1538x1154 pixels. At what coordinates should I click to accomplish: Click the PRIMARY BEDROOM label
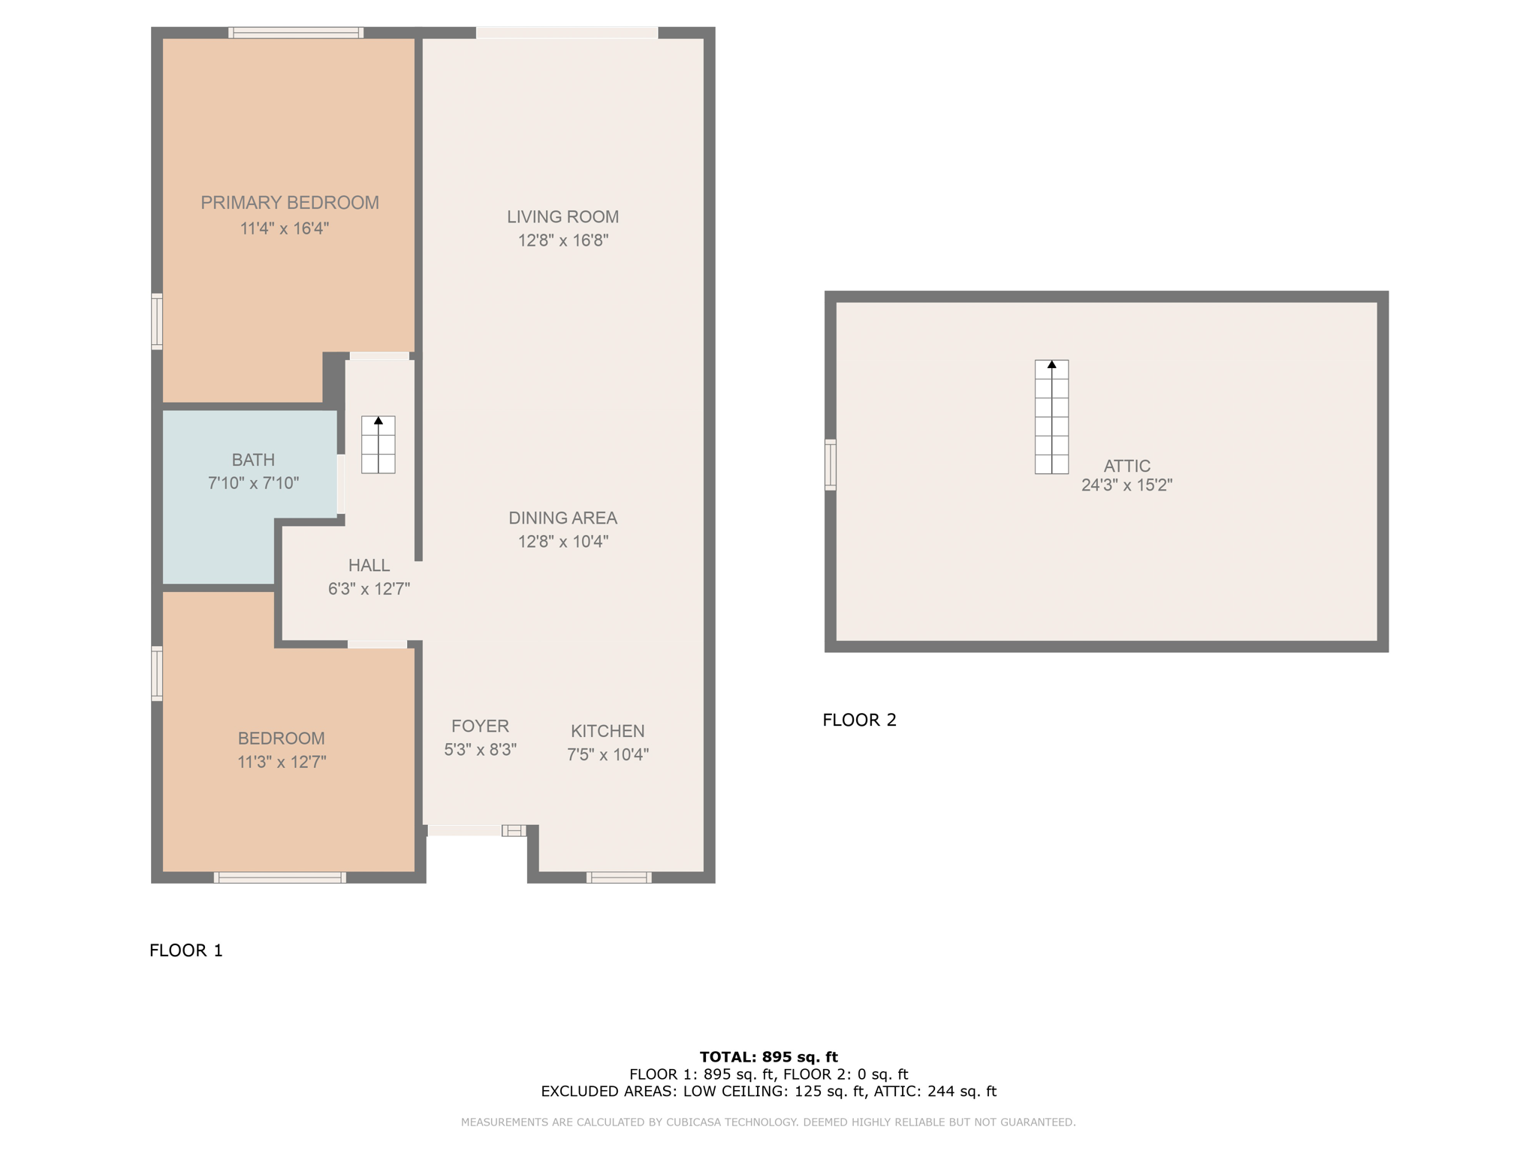pyautogui.click(x=289, y=203)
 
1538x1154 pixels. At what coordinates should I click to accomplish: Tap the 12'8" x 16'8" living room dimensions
pyautogui.click(x=562, y=240)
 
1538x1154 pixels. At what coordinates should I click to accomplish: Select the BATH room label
pyautogui.click(x=253, y=460)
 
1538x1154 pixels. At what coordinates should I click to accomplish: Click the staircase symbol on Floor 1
pyautogui.click(x=378, y=445)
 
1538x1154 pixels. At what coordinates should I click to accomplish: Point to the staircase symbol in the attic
pyautogui.click(x=1051, y=417)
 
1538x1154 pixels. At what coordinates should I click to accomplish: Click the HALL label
pyautogui.click(x=369, y=566)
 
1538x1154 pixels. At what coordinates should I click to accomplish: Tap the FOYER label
pyautogui.click(x=480, y=727)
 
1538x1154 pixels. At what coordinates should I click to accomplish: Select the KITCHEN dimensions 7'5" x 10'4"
pyautogui.click(x=608, y=754)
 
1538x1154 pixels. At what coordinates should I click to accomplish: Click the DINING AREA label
pyautogui.click(x=562, y=518)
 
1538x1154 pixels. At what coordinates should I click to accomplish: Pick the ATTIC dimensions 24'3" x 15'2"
pyautogui.click(x=1126, y=485)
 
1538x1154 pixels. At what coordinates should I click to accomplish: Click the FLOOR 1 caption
pyautogui.click(x=186, y=950)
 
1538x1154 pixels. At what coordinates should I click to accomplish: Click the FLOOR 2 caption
pyautogui.click(x=859, y=720)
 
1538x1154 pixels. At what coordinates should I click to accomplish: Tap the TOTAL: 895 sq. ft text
pyautogui.click(x=768, y=1057)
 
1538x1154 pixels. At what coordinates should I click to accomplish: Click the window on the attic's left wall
pyautogui.click(x=831, y=465)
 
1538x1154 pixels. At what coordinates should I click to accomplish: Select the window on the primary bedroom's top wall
pyautogui.click(x=296, y=32)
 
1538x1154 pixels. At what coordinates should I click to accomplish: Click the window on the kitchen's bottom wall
pyautogui.click(x=619, y=878)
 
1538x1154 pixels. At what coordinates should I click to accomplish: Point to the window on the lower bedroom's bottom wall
pyautogui.click(x=279, y=878)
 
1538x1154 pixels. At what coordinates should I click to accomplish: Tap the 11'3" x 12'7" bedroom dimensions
pyautogui.click(x=282, y=762)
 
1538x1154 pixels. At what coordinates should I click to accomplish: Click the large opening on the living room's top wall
pyautogui.click(x=567, y=32)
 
